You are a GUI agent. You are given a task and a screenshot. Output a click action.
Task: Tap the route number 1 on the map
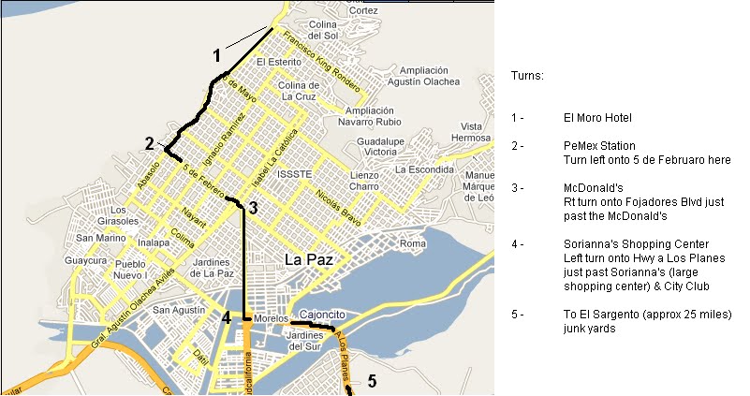click(216, 55)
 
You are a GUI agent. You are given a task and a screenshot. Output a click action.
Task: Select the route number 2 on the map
click(149, 143)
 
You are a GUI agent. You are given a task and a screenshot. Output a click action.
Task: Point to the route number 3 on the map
click(254, 209)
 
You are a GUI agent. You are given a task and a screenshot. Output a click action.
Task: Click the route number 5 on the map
click(371, 381)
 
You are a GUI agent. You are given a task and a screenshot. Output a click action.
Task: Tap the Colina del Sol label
click(322, 29)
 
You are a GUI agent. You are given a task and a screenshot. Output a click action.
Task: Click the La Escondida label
click(423, 169)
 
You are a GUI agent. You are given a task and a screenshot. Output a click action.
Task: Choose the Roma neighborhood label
click(412, 243)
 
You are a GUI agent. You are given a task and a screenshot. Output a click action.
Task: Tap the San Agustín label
click(177, 310)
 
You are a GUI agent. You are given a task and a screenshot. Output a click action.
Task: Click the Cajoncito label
click(322, 314)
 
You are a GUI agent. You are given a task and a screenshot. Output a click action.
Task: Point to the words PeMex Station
click(599, 146)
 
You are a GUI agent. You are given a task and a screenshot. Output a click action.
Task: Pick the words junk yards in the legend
click(589, 329)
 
